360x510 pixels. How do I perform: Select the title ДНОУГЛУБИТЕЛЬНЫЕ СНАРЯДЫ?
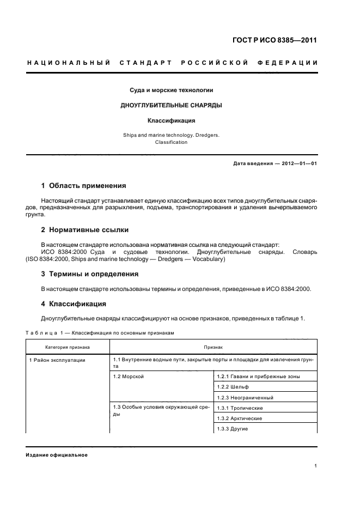[171, 105]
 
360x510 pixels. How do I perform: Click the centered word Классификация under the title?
[171, 120]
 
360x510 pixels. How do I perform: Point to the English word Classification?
[171, 142]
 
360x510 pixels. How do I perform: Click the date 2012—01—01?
[297, 163]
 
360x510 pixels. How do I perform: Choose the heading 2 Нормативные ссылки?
[85, 229]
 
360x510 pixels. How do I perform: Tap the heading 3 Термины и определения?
[90, 274]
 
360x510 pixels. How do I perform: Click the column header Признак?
[213, 347]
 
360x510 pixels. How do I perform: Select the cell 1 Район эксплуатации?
[57, 360]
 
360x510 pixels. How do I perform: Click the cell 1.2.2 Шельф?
[233, 387]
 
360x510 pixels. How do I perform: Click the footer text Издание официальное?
[57, 455]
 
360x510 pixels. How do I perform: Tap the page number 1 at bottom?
[316, 466]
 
